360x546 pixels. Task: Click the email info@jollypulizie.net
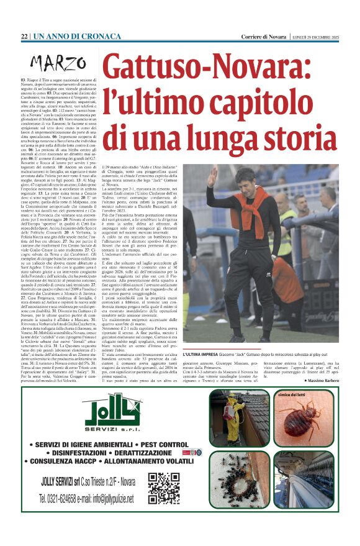pyautogui.click(x=119, y=499)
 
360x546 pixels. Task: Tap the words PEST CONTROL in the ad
pyautogui.click(x=154, y=445)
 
